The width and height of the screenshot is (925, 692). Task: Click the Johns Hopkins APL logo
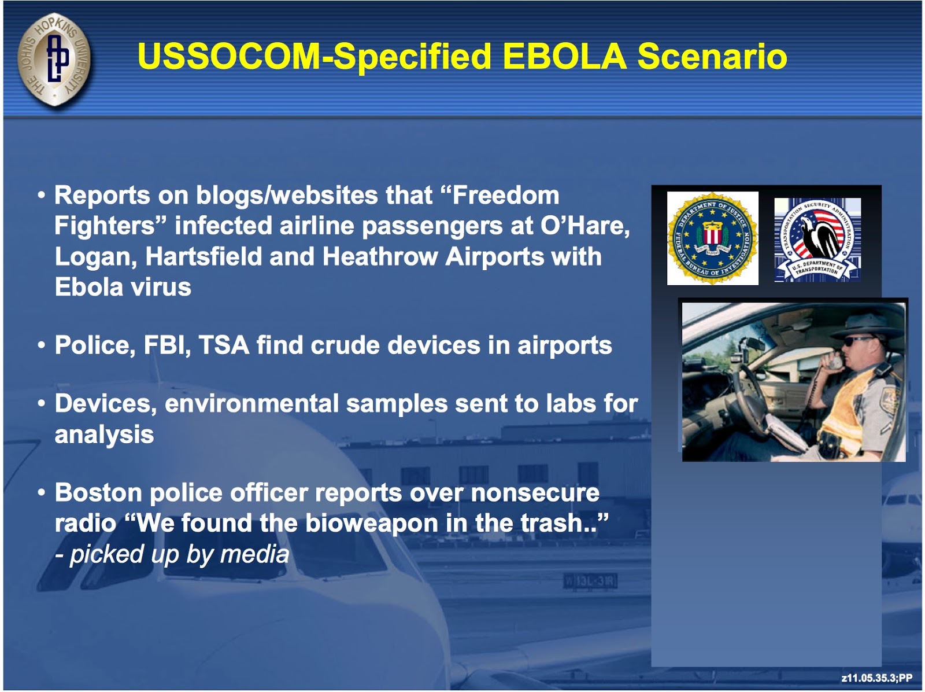point(54,58)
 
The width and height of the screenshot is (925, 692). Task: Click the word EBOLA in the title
point(564,56)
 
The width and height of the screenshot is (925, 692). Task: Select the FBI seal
point(712,238)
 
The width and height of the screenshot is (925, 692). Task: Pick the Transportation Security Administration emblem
point(817,239)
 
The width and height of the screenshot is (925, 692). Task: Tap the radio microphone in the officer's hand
point(834,362)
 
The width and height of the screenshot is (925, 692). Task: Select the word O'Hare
point(585,226)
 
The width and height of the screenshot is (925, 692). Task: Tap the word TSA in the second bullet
point(224,345)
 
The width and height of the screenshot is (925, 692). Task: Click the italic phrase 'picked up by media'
point(179,554)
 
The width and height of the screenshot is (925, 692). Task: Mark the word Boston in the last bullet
point(98,492)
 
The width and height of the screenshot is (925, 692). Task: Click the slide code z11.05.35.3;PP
point(877,678)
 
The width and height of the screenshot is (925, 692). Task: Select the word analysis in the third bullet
point(104,435)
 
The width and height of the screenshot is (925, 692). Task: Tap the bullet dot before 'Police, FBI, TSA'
point(41,345)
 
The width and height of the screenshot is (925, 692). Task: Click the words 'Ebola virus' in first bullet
point(123,287)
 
